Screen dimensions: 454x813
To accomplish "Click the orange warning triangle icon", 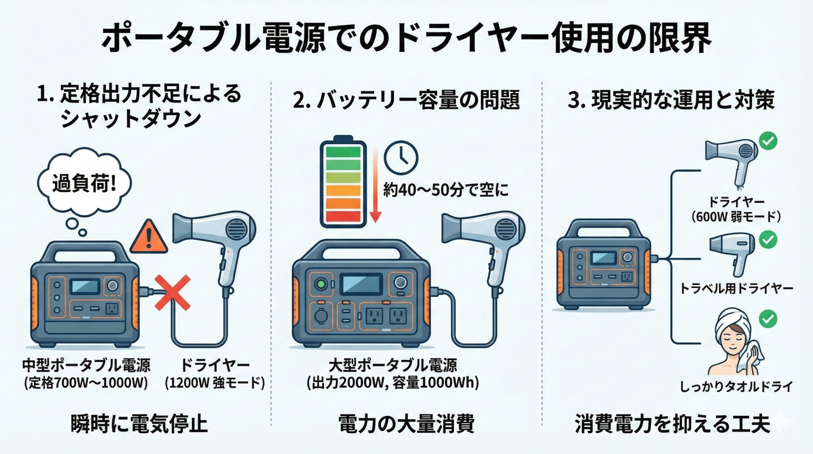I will pyautogui.click(x=149, y=237).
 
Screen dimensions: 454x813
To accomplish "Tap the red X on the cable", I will pyautogui.click(x=172, y=293).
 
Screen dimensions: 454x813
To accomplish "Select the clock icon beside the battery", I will pyautogui.click(x=401, y=157).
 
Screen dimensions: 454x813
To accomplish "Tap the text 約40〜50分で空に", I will pyautogui.click(x=446, y=190).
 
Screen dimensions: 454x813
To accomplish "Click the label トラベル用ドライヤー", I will pyautogui.click(x=736, y=288).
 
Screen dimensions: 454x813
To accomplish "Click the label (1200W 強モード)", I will pyautogui.click(x=215, y=383).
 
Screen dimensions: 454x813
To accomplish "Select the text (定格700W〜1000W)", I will pyautogui.click(x=86, y=383).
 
